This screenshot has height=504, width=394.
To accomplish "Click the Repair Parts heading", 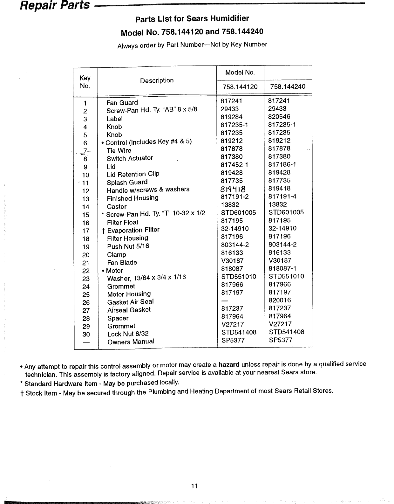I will coord(55,5).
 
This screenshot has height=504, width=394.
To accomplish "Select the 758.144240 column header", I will coord(288,87).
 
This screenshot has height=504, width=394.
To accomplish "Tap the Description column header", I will coord(157,80).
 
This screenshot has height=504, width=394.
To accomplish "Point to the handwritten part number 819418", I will coord(233,189).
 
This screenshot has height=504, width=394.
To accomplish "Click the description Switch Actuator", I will coord(130,158).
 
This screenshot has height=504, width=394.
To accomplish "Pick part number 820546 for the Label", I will coord(279,117).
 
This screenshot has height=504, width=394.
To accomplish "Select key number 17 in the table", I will coord(86,231).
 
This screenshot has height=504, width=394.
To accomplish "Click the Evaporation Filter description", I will coord(133,230).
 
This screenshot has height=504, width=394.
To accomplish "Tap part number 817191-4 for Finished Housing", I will coord(282,197).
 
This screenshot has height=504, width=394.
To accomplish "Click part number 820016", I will coord(280,300).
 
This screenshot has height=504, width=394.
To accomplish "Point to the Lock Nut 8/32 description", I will coord(128,334).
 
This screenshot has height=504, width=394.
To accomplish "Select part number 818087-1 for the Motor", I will coord(282,268).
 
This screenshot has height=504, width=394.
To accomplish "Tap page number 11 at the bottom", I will coord(194,486).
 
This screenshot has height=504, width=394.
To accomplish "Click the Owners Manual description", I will coord(131,342).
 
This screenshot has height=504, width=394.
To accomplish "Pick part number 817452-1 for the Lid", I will coord(234,165).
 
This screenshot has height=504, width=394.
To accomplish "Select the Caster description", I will coord(117,207).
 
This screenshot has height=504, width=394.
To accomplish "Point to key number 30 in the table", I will coord(86,334).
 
